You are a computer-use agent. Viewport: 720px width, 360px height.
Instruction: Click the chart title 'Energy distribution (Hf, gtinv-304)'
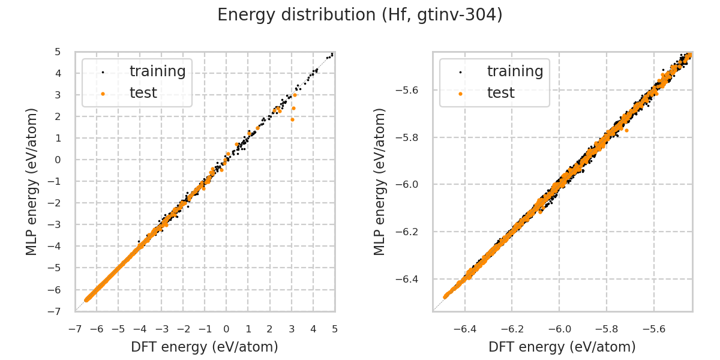tap(360, 15)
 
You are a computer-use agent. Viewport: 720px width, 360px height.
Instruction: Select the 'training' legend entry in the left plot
tap(157, 71)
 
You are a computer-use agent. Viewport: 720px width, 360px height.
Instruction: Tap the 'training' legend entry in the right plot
tap(515, 71)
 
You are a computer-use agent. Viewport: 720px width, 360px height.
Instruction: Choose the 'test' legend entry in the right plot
tap(500, 93)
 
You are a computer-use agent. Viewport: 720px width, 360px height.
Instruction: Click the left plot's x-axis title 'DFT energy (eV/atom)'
tap(205, 347)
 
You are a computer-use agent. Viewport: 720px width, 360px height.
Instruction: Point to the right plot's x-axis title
tap(562, 347)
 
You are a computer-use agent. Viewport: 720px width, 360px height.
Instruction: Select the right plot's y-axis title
tap(380, 181)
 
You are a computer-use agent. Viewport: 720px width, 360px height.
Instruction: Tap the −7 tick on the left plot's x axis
tap(75, 329)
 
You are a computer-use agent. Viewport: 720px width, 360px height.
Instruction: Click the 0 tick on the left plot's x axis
tap(226, 329)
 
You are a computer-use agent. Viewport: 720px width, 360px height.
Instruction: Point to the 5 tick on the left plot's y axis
tap(58, 52)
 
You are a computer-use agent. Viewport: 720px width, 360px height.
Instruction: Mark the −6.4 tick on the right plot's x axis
tap(464, 329)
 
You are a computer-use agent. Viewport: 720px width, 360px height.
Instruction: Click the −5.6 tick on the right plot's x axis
tap(653, 329)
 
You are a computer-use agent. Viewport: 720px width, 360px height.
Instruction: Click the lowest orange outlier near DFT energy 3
tap(292, 119)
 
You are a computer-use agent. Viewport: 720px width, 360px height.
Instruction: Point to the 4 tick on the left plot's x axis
tap(313, 329)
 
